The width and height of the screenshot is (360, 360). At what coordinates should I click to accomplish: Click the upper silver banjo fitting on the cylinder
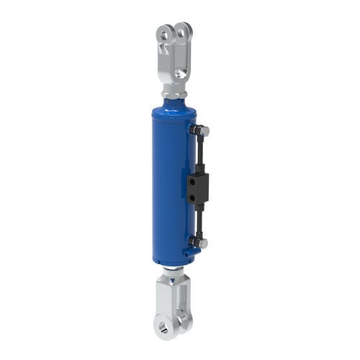point(201,130)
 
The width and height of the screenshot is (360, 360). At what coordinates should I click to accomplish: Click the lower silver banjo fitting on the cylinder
point(201,243)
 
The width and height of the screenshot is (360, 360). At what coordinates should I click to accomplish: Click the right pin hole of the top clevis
point(186,30)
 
